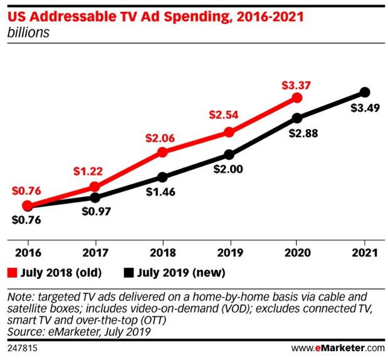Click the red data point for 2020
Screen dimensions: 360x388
[297, 98]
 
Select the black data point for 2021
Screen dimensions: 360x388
[365, 93]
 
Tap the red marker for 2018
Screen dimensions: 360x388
[162, 152]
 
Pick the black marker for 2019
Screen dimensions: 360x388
[229, 155]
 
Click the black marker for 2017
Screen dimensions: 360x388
[95, 197]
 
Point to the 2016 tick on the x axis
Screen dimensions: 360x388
[27, 253]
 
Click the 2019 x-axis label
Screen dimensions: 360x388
[229, 253]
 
